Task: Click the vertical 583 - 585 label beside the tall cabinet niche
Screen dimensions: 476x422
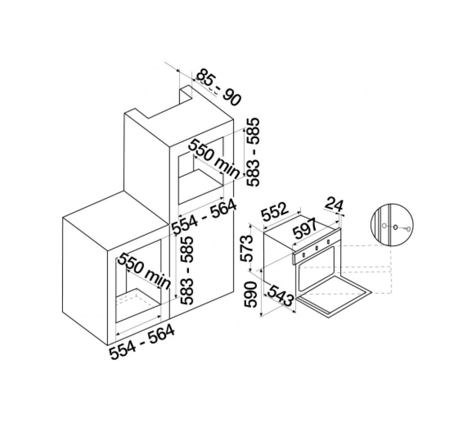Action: click(252, 152)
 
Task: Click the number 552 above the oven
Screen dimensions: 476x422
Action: click(274, 212)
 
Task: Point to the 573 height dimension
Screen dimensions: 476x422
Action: click(246, 248)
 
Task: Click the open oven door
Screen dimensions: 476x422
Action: click(334, 296)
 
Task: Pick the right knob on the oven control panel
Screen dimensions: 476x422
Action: click(328, 242)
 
